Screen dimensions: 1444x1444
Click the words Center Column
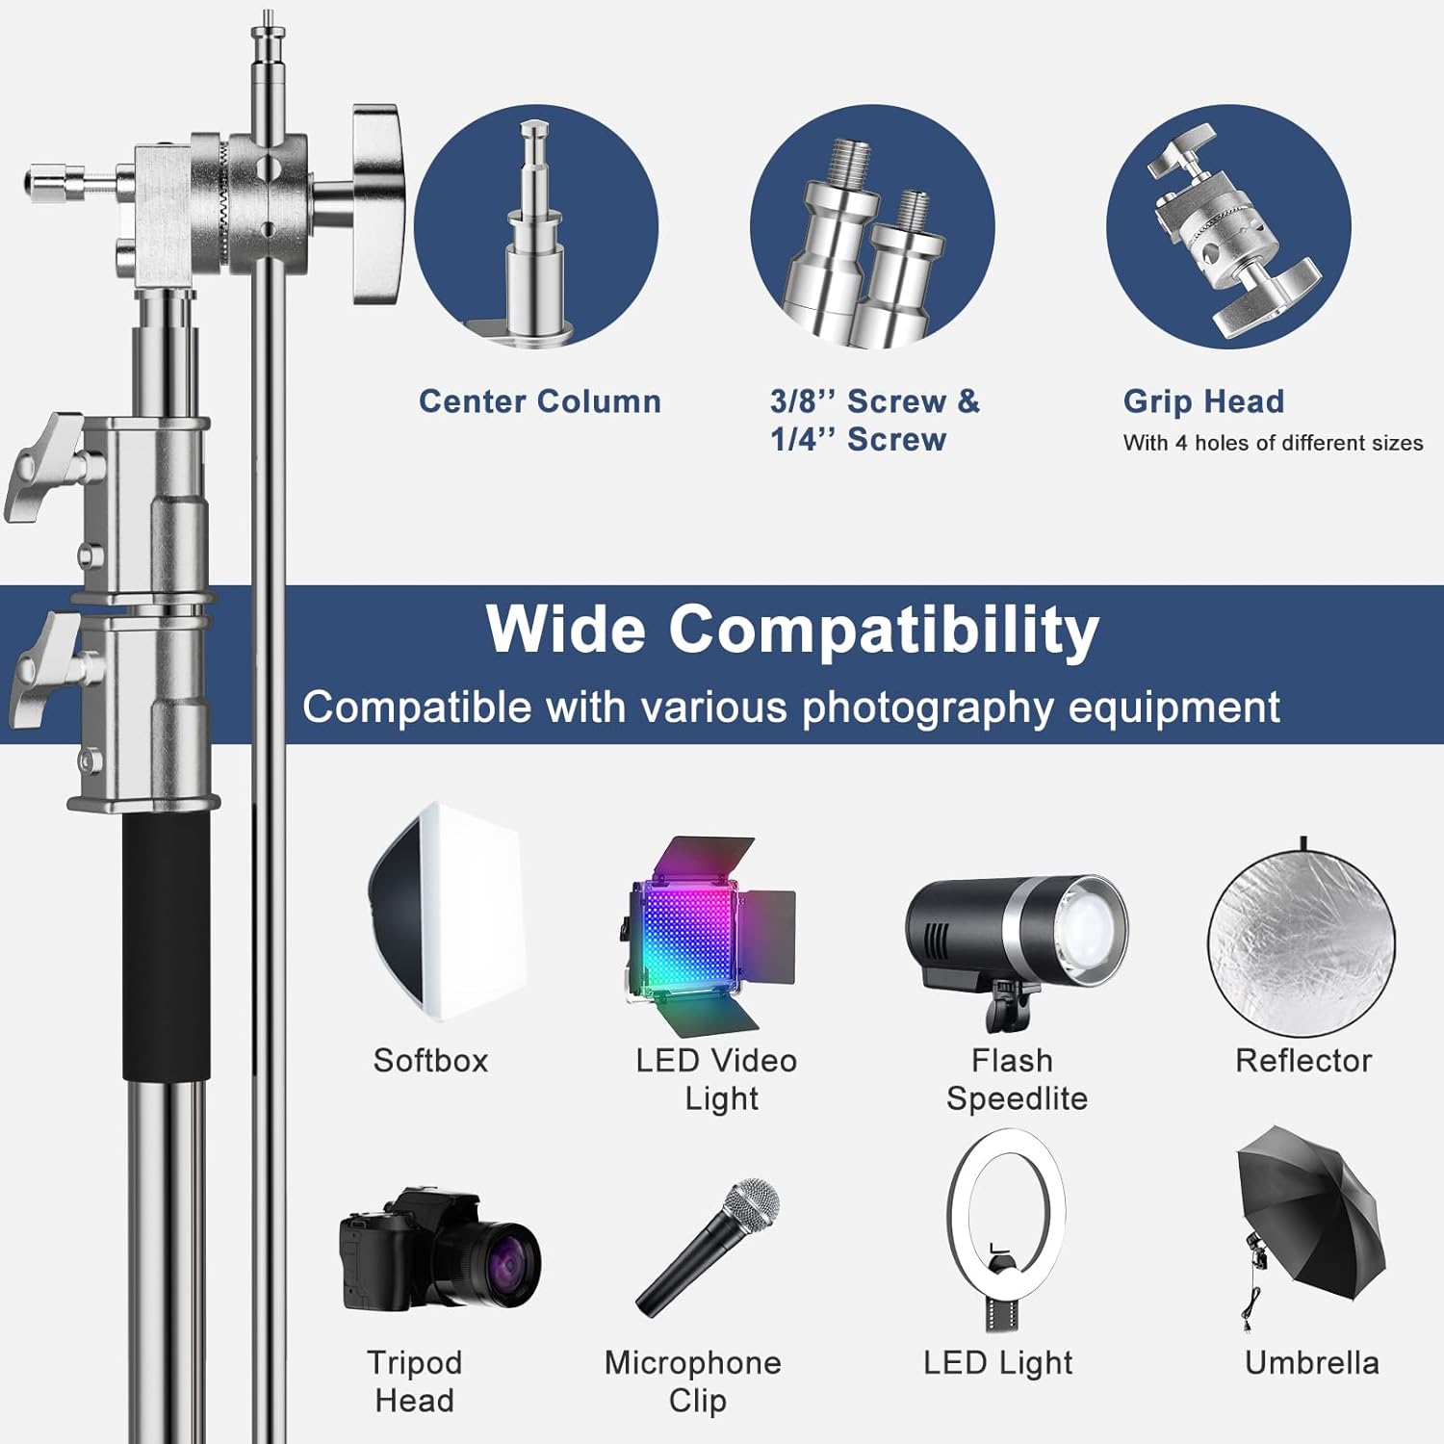point(540,401)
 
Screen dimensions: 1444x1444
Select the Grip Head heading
point(1203,401)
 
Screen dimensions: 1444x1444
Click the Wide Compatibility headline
point(792,630)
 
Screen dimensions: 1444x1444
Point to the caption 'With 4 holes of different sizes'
point(1273,443)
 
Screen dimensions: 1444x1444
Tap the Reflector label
point(1303,1061)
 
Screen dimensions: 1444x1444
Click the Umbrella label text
point(1311,1363)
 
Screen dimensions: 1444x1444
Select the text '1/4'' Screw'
point(858,440)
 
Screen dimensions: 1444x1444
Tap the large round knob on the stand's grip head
point(375,204)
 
